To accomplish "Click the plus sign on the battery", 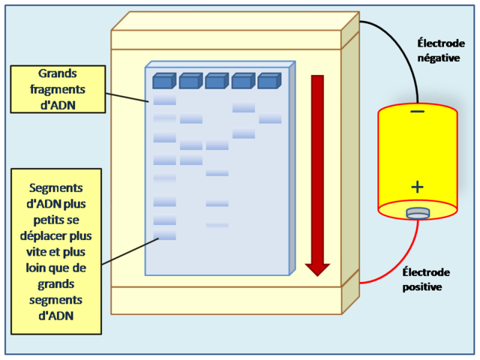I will click(417, 187).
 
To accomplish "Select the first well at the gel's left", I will click(164, 80).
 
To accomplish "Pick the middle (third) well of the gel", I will click(217, 80).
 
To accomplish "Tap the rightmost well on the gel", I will click(269, 79).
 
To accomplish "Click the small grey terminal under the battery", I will click(418, 214).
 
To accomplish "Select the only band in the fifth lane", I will click(270, 118).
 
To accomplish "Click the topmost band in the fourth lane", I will click(244, 108).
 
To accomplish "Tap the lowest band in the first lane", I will click(165, 235).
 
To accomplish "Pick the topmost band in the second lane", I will click(191, 118).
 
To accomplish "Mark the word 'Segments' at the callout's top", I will click(55, 188).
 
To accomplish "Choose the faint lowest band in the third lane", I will click(217, 224).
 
